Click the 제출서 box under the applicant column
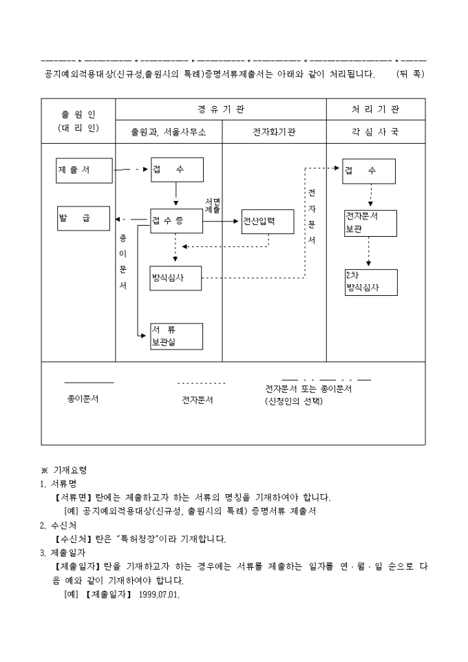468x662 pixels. tap(84, 171)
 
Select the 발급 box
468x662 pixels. tap(84, 219)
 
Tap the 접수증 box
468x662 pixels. tap(176, 221)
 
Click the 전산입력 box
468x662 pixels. tap(267, 221)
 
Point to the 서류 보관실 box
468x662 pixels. tap(176, 336)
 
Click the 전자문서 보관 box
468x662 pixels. tap(370, 224)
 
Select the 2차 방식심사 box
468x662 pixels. tap(371, 282)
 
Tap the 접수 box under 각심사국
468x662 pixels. tap(369, 171)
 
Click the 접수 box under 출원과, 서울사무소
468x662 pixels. tap(177, 170)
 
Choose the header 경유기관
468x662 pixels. tap(220, 109)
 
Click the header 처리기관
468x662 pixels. tap(375, 109)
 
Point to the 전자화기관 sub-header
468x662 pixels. tap(274, 131)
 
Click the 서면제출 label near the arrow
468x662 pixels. tap(212, 204)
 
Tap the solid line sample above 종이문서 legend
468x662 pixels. tap(89, 382)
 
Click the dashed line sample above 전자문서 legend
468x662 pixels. tap(201, 383)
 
